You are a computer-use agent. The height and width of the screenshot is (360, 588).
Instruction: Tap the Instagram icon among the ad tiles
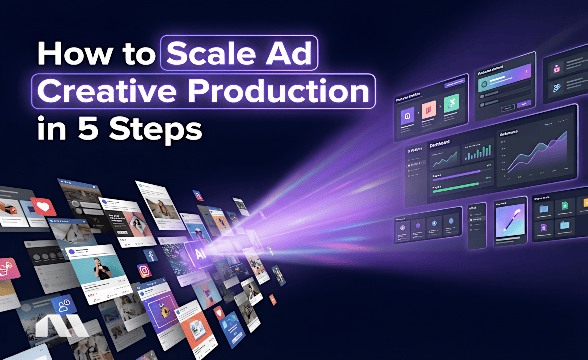tap(144, 271)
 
